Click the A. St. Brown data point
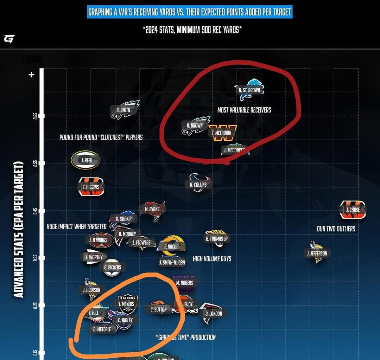pos(249,90)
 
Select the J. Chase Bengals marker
pos(353,210)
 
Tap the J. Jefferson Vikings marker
pos(317,253)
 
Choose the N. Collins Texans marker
pos(198,184)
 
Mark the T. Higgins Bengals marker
pos(91,187)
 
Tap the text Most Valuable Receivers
pos(244,110)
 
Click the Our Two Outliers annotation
pos(336,229)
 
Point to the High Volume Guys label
pos(212,259)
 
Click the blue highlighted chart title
pos(190,12)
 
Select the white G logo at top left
pos(9,39)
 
